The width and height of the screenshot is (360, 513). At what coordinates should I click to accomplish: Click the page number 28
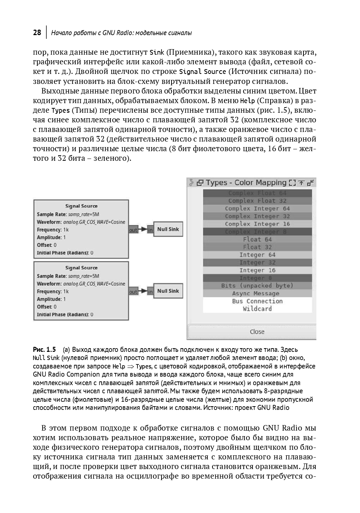tap(37, 33)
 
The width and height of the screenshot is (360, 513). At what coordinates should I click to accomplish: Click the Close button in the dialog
tap(257, 332)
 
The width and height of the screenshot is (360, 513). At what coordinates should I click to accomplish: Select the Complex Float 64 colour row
tap(257, 193)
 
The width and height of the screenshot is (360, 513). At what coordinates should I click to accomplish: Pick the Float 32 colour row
tap(257, 247)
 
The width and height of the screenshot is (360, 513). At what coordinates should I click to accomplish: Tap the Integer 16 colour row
tap(257, 270)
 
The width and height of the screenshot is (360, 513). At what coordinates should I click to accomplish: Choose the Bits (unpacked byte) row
tap(257, 286)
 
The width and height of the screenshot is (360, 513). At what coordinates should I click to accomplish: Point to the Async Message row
tap(257, 293)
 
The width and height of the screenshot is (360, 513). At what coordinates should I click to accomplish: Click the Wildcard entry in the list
tap(257, 309)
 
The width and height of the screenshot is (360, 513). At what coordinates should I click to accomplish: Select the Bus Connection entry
tap(257, 301)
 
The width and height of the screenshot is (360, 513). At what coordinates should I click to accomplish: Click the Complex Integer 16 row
tap(257, 224)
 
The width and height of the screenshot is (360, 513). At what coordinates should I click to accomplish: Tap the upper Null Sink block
tap(168, 229)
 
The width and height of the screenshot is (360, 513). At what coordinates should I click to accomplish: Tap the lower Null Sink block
tap(168, 291)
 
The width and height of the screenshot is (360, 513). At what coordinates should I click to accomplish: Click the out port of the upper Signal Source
tap(133, 230)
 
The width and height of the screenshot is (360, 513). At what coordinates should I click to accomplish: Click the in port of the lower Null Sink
tap(150, 292)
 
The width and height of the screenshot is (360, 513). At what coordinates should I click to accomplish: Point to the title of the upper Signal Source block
tap(81, 206)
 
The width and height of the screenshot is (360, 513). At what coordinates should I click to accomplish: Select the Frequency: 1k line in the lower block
tap(53, 291)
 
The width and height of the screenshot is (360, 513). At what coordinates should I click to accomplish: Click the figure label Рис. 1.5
tap(44, 349)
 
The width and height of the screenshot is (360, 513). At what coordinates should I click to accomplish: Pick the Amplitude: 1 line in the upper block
tap(51, 237)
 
